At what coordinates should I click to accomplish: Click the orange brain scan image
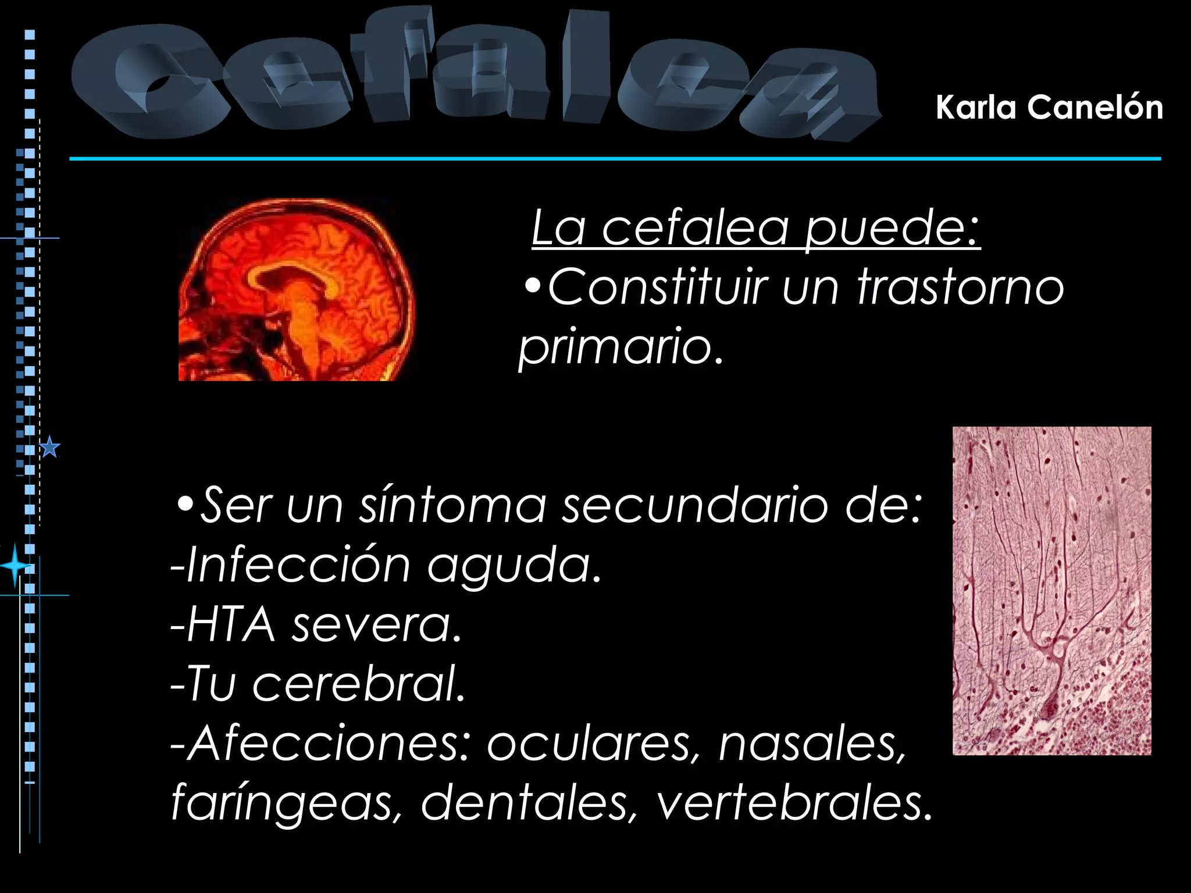click(297, 290)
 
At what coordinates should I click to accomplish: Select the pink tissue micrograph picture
click(1051, 591)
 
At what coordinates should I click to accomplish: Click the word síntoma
click(453, 505)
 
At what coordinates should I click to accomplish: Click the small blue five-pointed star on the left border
click(51, 447)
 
